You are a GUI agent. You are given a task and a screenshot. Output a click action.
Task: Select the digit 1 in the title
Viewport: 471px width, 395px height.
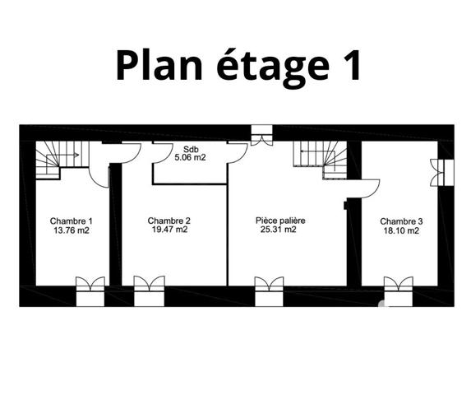click(348, 64)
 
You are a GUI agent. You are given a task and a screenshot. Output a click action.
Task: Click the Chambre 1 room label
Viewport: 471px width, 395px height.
click(72, 221)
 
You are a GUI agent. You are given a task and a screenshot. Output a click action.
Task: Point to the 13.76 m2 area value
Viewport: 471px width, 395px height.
click(72, 230)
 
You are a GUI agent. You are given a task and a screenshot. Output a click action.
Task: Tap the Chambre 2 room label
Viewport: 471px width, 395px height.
click(169, 221)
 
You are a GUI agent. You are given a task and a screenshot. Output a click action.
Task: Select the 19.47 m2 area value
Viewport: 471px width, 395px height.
click(169, 230)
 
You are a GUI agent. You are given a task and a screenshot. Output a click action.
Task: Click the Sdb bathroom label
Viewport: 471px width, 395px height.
click(190, 148)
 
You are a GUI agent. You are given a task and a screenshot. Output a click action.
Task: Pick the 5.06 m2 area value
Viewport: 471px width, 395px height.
click(190, 157)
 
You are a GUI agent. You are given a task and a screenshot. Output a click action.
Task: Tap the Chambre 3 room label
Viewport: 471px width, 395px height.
click(402, 221)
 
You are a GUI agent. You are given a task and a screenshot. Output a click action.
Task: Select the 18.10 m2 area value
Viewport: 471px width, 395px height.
click(400, 231)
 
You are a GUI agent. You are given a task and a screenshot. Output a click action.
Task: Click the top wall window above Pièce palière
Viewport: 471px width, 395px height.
click(261, 136)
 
